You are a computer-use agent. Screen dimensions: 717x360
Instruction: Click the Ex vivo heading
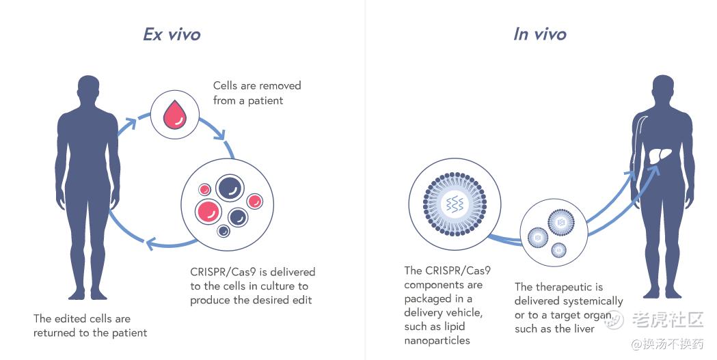pyautogui.click(x=172, y=34)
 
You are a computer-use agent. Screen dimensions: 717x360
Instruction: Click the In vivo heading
pyautogui.click(x=539, y=34)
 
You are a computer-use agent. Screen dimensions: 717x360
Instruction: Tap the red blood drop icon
pyautogui.click(x=175, y=115)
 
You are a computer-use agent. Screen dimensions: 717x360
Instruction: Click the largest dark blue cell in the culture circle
pyautogui.click(x=230, y=188)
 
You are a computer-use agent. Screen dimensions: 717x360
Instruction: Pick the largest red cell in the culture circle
pyautogui.click(x=208, y=212)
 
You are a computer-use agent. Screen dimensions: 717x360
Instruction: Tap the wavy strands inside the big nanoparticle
pyautogui.click(x=455, y=204)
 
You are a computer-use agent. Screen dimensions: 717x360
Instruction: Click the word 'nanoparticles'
pyautogui.click(x=437, y=341)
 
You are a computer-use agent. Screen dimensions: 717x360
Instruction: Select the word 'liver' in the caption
pyautogui.click(x=583, y=329)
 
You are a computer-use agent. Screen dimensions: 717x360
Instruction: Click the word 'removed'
pyautogui.click(x=283, y=86)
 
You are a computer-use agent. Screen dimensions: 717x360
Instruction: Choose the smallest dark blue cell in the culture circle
pyautogui.click(x=223, y=231)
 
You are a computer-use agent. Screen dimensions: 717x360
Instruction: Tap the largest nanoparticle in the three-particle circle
pyautogui.click(x=560, y=223)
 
